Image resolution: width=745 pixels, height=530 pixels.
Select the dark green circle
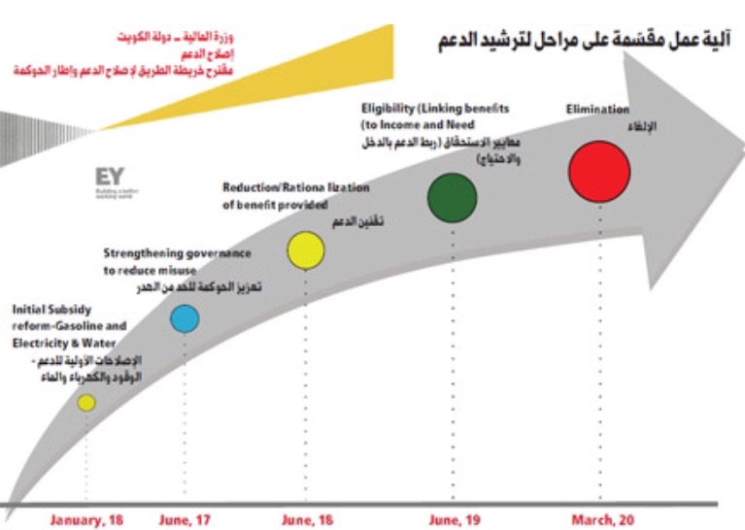click(x=453, y=198)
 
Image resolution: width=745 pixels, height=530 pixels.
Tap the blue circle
click(x=185, y=318)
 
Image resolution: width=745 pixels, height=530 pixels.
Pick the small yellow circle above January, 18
click(x=86, y=402)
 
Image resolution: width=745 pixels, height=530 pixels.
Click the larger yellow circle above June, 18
click(x=305, y=249)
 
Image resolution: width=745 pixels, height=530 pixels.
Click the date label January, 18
click(x=85, y=520)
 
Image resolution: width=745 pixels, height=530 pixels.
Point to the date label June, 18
click(x=308, y=520)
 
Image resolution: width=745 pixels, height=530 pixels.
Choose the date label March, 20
click(x=600, y=520)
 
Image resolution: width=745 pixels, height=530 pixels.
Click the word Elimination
click(x=597, y=110)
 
